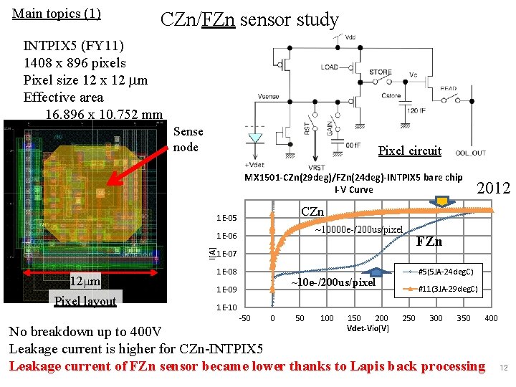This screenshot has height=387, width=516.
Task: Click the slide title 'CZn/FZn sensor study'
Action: [x=249, y=19]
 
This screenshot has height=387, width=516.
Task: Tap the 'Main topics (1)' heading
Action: [x=57, y=14]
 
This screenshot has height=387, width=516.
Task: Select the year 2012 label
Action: [x=493, y=188]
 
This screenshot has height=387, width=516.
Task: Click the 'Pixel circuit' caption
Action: [x=409, y=150]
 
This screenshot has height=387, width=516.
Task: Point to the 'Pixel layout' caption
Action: [x=86, y=301]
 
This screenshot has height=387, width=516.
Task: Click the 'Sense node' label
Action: [x=188, y=139]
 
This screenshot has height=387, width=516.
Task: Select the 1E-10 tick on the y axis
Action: [x=226, y=307]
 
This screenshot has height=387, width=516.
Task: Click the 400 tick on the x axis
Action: [x=491, y=317]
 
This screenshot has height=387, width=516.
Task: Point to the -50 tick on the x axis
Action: [x=245, y=317]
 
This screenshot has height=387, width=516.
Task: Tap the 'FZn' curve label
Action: [x=429, y=242]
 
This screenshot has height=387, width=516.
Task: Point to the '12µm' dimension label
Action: [x=85, y=279]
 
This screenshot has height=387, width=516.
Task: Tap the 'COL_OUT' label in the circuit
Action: [x=470, y=153]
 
